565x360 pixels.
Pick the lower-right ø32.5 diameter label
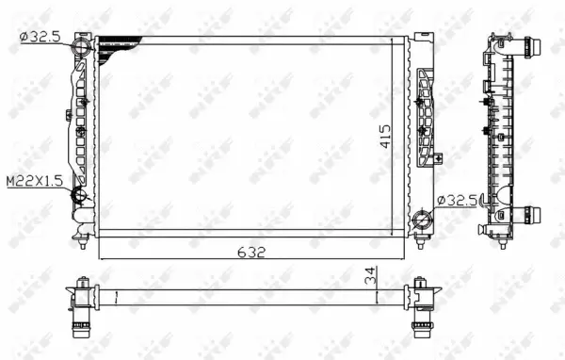459,199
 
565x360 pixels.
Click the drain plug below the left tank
84,242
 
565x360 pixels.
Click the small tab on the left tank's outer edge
68,115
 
